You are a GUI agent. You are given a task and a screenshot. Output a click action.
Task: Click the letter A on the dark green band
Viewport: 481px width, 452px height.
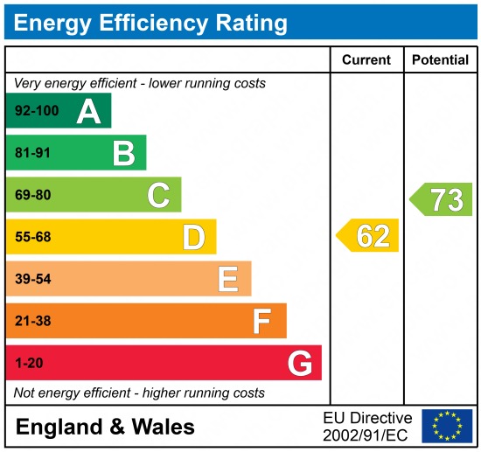pyautogui.click(x=88, y=111)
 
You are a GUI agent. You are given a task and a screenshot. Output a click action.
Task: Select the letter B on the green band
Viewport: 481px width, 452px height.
pyautogui.click(x=123, y=154)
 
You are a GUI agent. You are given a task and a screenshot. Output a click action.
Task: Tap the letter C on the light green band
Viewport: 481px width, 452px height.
pyautogui.click(x=158, y=196)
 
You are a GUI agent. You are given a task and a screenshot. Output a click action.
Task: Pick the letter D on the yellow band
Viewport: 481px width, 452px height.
pyautogui.click(x=193, y=237)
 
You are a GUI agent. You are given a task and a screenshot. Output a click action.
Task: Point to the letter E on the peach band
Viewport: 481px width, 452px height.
pyautogui.click(x=228, y=279)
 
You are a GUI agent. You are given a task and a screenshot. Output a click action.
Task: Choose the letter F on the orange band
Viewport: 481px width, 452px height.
pyautogui.click(x=262, y=321)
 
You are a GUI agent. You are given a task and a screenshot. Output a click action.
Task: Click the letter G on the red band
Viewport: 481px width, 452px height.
pyautogui.click(x=299, y=363)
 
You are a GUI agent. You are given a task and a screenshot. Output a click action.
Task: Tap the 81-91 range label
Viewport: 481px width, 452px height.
pyautogui.click(x=33, y=154)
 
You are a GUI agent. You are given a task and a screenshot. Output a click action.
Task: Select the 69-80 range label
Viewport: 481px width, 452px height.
pyautogui.click(x=33, y=196)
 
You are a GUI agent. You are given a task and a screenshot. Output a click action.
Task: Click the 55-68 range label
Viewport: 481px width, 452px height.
pyautogui.click(x=33, y=237)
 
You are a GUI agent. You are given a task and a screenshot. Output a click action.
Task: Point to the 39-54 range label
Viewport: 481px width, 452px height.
pyautogui.click(x=33, y=279)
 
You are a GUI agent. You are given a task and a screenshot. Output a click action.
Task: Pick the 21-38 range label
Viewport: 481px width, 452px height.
pyautogui.click(x=33, y=321)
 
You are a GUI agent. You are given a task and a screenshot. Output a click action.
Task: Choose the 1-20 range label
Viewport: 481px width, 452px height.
pyautogui.click(x=29, y=363)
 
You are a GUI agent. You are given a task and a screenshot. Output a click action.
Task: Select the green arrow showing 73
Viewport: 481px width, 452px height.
pyautogui.click(x=443, y=199)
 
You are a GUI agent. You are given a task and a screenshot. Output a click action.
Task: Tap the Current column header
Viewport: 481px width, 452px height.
pyautogui.click(x=366, y=60)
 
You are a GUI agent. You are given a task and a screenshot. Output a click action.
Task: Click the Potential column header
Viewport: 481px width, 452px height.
pyautogui.click(x=440, y=60)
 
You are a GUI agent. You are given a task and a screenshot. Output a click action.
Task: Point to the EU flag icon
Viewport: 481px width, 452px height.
pyautogui.click(x=446, y=426)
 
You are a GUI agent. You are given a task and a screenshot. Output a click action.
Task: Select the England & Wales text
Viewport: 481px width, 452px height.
pyautogui.click(x=105, y=428)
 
